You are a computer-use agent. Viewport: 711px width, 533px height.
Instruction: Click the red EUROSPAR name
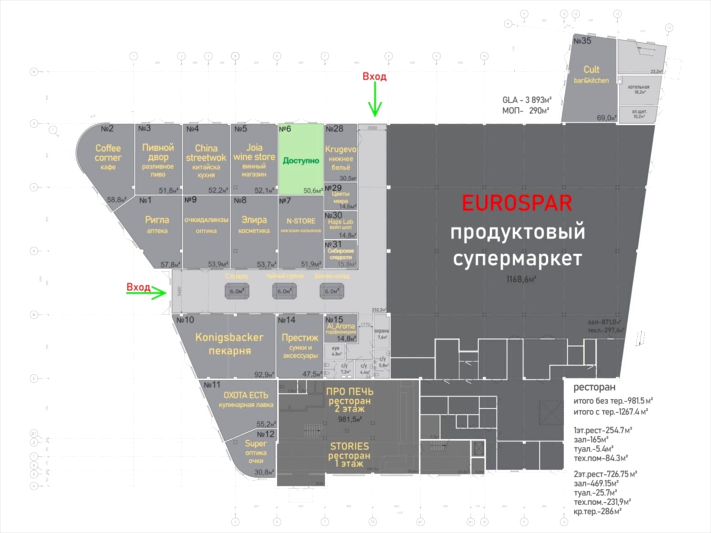point(516,203)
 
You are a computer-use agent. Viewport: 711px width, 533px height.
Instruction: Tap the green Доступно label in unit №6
point(301,160)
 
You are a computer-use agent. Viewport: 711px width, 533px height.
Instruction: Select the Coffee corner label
point(108,153)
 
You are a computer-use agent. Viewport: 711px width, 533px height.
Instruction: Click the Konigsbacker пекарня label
point(229,344)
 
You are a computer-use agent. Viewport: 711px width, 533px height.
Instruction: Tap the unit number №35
point(582,41)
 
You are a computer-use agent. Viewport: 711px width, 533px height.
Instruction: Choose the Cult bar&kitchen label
point(591,74)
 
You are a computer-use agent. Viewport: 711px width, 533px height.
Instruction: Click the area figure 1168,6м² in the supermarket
point(521,279)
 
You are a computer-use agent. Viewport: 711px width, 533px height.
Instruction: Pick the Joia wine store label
point(254,152)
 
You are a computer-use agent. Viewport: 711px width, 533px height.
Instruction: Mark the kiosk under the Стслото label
point(237,291)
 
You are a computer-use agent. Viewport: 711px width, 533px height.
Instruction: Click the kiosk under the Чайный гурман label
point(284,291)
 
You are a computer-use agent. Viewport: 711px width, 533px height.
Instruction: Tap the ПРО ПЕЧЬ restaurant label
point(349,400)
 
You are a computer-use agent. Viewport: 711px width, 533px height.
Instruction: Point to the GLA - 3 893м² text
point(526,100)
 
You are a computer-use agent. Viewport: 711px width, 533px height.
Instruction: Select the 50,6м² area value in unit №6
point(313,190)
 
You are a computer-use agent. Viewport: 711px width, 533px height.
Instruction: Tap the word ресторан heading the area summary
point(594,387)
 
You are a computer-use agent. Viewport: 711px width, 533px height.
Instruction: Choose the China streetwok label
point(206,153)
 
